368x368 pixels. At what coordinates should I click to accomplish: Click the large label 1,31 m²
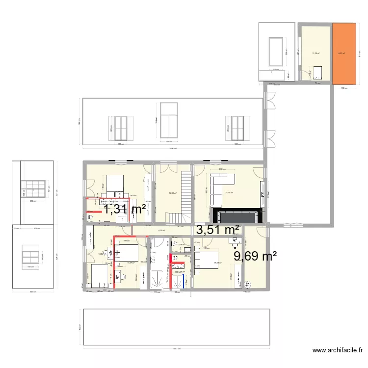[124, 210]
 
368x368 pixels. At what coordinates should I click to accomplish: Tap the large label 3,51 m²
[218, 230]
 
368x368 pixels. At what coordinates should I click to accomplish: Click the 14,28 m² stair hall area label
[172, 193]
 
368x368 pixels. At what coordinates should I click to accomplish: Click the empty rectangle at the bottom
[177, 327]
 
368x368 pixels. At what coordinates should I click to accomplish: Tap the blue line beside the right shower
[185, 281]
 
